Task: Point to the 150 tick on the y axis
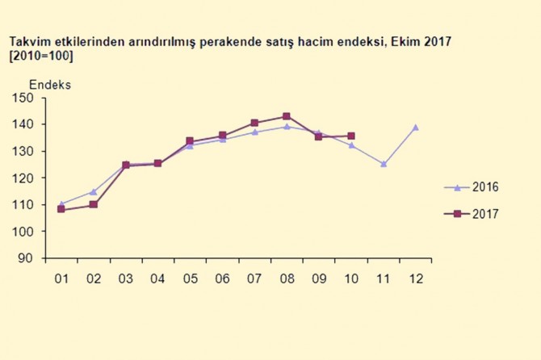pyautogui.click(x=23, y=98)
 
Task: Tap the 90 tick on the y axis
pyautogui.click(x=26, y=258)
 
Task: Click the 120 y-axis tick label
pyautogui.click(x=23, y=178)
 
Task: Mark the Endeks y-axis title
pyautogui.click(x=50, y=84)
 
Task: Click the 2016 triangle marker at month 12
pyautogui.click(x=416, y=127)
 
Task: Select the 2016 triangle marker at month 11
pyautogui.click(x=384, y=164)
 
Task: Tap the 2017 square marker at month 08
pyautogui.click(x=287, y=116)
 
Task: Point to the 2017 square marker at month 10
pyautogui.click(x=351, y=136)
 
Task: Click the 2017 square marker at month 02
pyautogui.click(x=93, y=205)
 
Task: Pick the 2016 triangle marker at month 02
pyautogui.click(x=93, y=192)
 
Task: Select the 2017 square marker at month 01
pyautogui.click(x=61, y=210)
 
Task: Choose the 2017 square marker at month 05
pyautogui.click(x=190, y=141)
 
